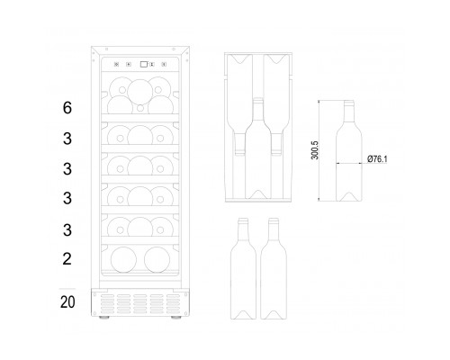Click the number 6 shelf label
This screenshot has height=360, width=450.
tap(67, 108)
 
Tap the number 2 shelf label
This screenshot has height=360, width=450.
tap(67, 258)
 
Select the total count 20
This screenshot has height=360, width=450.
tap(67, 302)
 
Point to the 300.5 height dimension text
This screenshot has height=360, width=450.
tap(315, 150)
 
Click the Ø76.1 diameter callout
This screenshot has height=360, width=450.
tap(377, 159)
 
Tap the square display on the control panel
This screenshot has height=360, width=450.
tap(144, 64)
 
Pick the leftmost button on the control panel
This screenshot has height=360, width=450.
tap(116, 64)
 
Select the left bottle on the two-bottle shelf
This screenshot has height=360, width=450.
tap(123, 260)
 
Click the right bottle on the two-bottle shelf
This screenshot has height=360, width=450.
tap(157, 260)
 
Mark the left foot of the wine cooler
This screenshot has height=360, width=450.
tap(103, 318)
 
